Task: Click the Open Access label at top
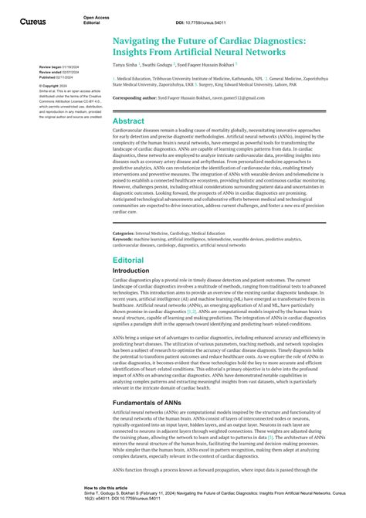[x=96, y=15]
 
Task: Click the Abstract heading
[x=129, y=121]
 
